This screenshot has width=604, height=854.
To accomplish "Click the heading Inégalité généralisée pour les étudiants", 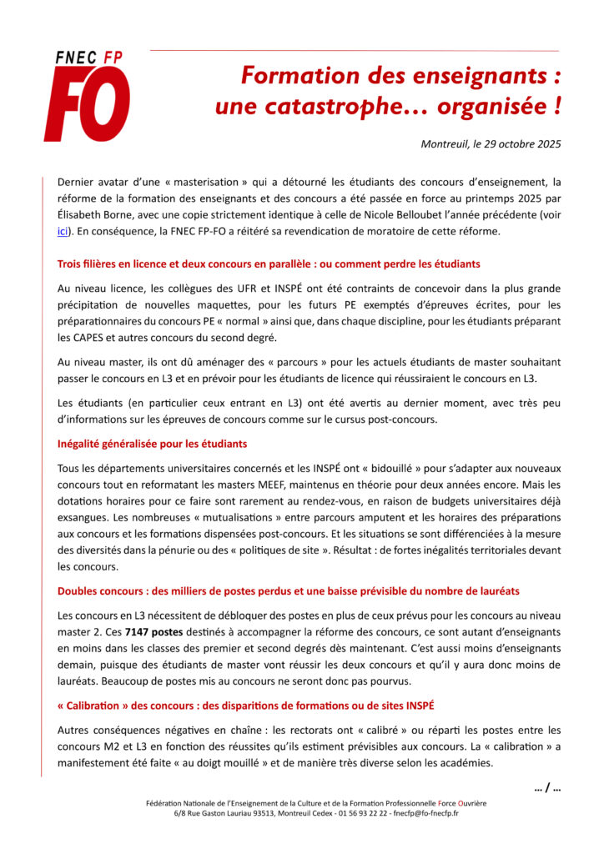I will tap(152, 443).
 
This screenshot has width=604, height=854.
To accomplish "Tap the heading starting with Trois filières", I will tap(269, 264).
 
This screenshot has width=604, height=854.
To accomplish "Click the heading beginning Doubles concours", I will tap(288, 590).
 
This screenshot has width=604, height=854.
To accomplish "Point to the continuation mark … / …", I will tap(546, 787).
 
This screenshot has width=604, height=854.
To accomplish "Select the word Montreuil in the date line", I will tap(448, 143).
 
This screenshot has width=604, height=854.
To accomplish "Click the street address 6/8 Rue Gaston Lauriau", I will tap(213, 812).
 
